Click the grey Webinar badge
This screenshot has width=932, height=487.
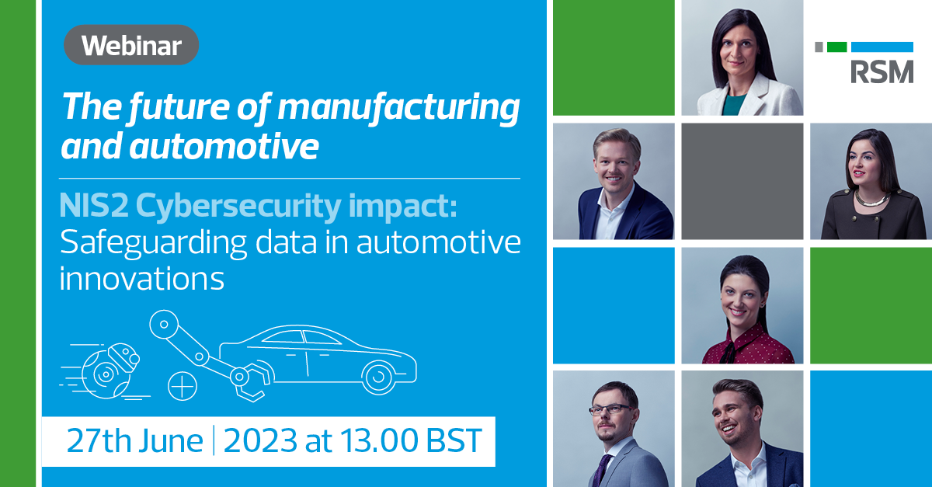point(130,45)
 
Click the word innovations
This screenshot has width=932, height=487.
point(142,278)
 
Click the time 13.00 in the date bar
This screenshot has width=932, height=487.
point(372,441)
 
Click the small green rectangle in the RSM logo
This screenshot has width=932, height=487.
point(836,47)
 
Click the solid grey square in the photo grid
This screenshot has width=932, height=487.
point(742,181)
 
